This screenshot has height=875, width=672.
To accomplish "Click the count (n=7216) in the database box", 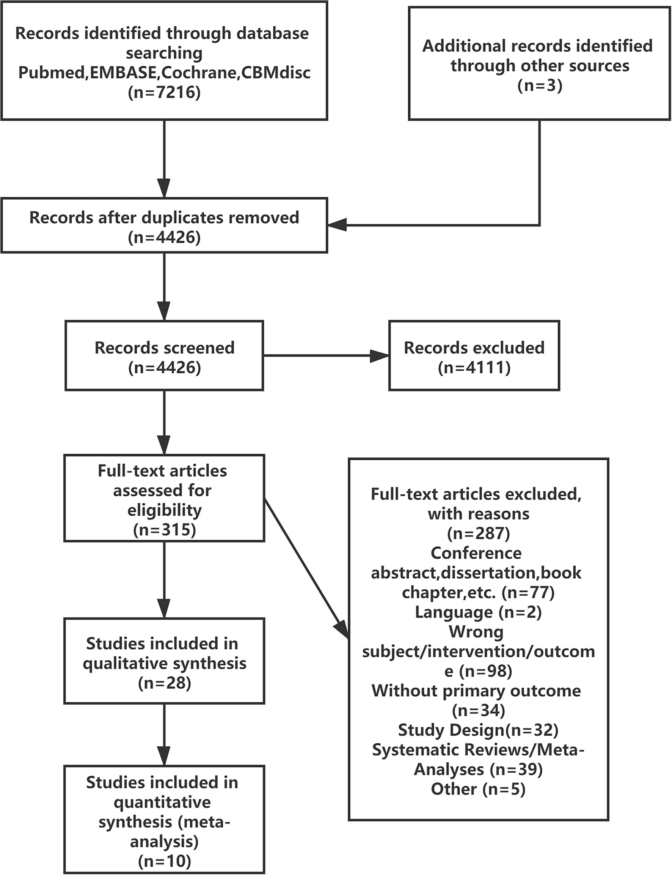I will pyautogui.click(x=164, y=93).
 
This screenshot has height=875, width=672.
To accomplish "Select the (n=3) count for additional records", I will pyautogui.click(x=540, y=86).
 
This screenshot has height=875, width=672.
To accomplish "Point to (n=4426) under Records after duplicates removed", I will pyautogui.click(x=164, y=238).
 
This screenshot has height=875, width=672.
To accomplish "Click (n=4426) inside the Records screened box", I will pyautogui.click(x=164, y=367).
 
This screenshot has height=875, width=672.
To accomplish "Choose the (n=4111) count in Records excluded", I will pyautogui.click(x=474, y=367).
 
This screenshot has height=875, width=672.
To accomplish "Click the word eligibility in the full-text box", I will pyautogui.click(x=164, y=510).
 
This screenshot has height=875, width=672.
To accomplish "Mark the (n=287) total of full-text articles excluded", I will pyautogui.click(x=478, y=533).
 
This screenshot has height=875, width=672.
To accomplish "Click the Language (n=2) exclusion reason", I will pyautogui.click(x=478, y=612).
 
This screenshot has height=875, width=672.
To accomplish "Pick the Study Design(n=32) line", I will pyautogui.click(x=478, y=730).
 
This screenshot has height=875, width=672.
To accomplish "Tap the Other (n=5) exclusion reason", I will pyautogui.click(x=478, y=788).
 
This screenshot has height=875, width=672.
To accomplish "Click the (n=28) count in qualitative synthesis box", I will pyautogui.click(x=164, y=683).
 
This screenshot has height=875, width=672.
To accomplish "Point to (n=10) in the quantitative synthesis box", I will pyautogui.click(x=164, y=861).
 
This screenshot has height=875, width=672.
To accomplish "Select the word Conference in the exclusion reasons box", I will pyautogui.click(x=476, y=553).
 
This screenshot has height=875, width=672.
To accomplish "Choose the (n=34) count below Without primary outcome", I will pyautogui.click(x=478, y=710).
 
